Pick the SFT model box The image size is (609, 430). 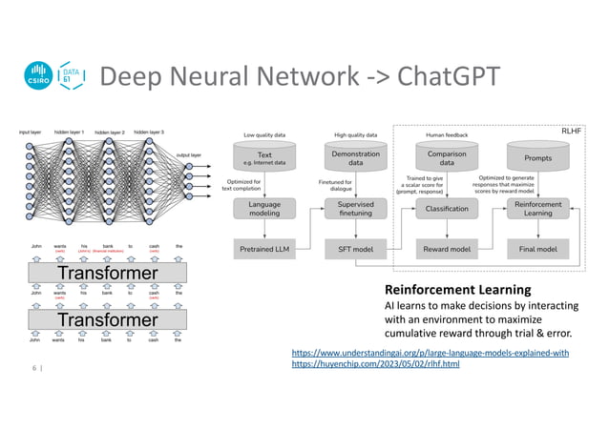[x=354, y=250]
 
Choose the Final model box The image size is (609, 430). [x=537, y=250]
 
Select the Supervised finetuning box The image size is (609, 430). [x=354, y=209]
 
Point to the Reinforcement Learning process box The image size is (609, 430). [x=537, y=209]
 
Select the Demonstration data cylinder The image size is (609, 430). [x=354, y=157]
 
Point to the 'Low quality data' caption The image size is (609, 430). [x=264, y=134]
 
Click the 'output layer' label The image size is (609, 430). [x=189, y=154]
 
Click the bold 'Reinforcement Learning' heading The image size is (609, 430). [x=451, y=289]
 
